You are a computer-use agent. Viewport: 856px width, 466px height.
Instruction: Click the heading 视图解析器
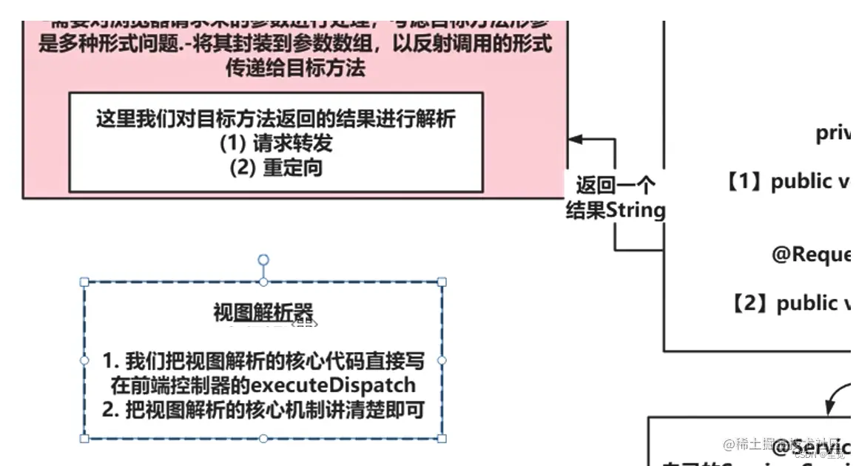tap(263, 312)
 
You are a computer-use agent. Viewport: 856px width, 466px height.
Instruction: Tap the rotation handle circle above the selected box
tap(263, 260)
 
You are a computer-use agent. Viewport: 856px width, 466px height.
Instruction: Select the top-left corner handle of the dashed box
tap(84, 282)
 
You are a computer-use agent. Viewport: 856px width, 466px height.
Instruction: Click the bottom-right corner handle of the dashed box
tap(442, 439)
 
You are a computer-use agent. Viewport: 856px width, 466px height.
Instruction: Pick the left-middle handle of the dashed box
tap(84, 360)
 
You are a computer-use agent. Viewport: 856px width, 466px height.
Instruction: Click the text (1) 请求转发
tap(276, 143)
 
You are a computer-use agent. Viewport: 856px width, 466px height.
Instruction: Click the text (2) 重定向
tap(276, 167)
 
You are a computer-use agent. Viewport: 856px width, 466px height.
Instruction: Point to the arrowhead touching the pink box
tap(574, 138)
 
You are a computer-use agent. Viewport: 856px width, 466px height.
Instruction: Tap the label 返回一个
tap(616, 184)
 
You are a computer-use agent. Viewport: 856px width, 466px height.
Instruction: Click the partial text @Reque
tap(811, 254)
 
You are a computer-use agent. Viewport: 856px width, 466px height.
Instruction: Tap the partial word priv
tap(833, 134)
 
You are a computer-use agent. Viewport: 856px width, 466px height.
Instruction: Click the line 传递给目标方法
tap(295, 69)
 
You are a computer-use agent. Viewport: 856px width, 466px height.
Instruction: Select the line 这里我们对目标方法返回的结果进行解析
tap(276, 118)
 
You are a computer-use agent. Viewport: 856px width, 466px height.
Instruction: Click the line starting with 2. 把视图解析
tap(263, 410)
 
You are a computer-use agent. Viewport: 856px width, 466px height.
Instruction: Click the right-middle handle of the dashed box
tap(442, 360)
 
